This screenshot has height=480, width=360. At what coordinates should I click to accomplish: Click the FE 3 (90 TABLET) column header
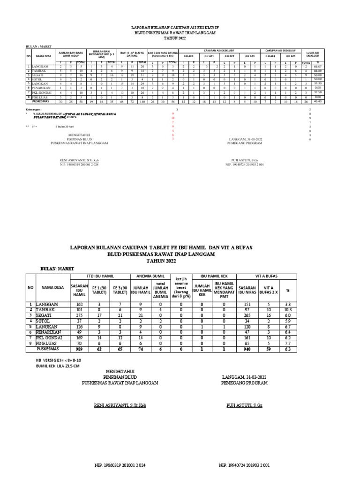pyautogui.click(x=120, y=290)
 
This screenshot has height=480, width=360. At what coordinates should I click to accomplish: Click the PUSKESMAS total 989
pyautogui.click(x=79, y=349)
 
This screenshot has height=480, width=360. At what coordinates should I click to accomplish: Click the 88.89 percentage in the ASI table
pyautogui.click(x=317, y=71)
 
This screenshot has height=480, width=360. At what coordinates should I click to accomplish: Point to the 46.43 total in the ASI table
pyautogui.click(x=317, y=101)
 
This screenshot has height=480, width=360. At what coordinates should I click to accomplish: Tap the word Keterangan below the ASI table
pyautogui.click(x=34, y=109)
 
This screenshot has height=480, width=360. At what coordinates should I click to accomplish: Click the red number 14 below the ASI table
pyautogui.click(x=173, y=118)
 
